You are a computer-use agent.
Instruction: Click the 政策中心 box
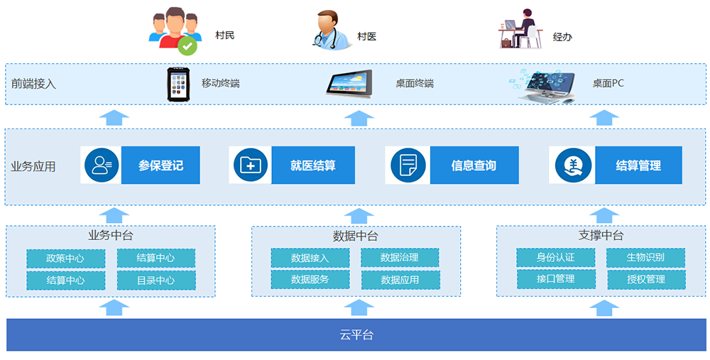tap(65, 258)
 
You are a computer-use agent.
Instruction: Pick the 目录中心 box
tap(156, 280)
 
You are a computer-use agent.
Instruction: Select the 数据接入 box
tap(310, 258)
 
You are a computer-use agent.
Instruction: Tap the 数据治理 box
tap(400, 257)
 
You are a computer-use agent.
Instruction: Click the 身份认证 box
tap(556, 257)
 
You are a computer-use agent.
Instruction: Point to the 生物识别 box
tap(645, 257)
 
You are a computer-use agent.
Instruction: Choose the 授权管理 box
tap(646, 279)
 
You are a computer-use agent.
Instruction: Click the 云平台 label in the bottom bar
tap(356, 335)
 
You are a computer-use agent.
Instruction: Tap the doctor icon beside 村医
tap(332, 30)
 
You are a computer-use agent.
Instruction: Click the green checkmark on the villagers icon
tap(187, 45)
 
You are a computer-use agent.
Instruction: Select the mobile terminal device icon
tap(180, 84)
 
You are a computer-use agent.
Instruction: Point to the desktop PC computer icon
tap(546, 86)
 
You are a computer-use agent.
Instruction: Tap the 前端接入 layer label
tap(33, 84)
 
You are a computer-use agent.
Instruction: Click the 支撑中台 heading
tap(601, 236)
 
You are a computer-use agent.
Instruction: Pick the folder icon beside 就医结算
tap(251, 165)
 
